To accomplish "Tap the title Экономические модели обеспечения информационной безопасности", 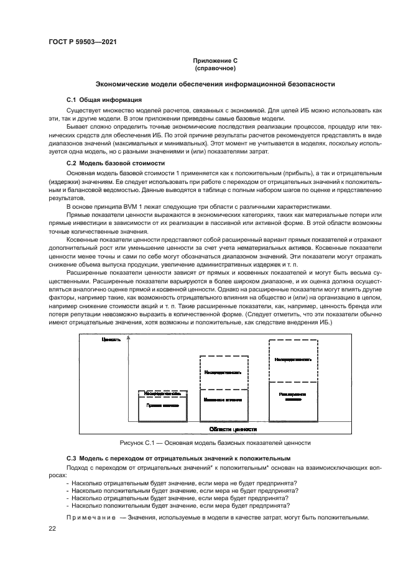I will (x=215, y=83).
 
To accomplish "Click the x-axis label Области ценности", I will (x=233, y=429).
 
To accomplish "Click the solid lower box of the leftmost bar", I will (x=163, y=408).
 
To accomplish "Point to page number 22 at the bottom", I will (x=53, y=529).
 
